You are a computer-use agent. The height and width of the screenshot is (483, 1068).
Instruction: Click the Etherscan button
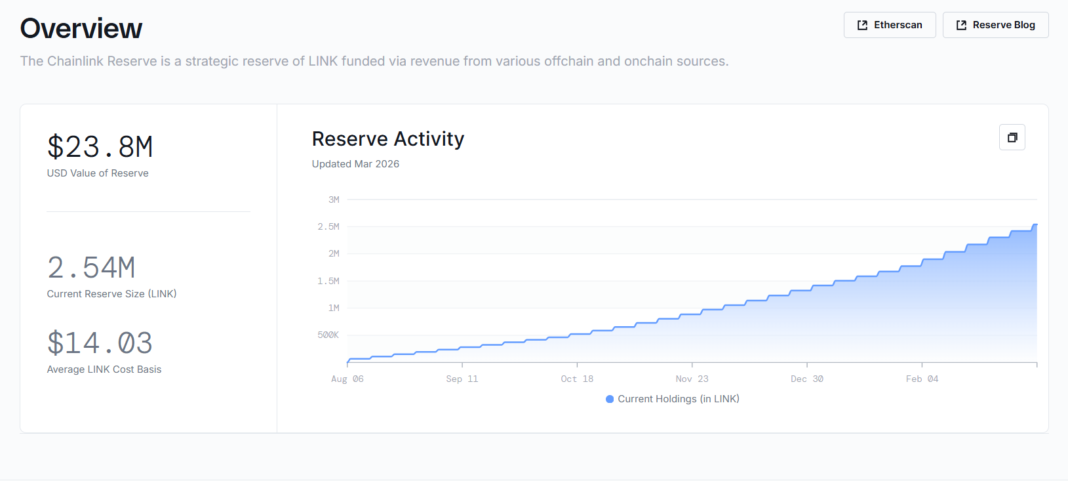890,25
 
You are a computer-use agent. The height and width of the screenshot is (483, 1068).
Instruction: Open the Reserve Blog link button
995,25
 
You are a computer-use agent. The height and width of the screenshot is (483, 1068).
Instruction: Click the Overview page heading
81,29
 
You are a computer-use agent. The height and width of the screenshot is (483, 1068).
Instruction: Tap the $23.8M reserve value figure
100,147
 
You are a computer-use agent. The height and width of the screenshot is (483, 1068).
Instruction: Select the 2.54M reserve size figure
91,268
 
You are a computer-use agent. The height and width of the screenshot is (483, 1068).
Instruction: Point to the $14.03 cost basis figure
100,343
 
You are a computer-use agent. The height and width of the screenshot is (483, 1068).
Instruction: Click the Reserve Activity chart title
388,139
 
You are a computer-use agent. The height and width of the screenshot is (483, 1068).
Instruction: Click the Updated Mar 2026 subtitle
355,164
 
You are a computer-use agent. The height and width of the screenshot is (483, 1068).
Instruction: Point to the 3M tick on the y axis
334,199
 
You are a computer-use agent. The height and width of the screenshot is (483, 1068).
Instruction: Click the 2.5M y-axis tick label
328,227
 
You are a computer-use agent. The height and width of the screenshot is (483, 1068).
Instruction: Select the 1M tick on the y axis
334,308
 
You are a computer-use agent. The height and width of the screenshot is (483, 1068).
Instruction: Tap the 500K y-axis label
328,335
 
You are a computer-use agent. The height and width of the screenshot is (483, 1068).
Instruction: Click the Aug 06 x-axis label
347,379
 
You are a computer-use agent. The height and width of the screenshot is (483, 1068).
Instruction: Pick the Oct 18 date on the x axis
577,379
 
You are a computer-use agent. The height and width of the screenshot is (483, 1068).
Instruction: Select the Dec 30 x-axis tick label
807,379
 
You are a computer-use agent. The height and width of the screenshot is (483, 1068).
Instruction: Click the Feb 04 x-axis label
922,379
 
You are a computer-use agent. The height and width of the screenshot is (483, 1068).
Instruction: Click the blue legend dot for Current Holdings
610,399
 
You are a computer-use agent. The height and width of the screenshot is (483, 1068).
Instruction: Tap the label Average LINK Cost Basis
104,369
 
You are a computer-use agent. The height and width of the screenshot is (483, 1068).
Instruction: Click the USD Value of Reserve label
98,173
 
